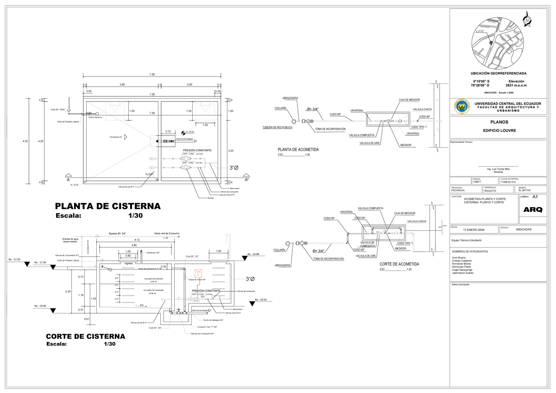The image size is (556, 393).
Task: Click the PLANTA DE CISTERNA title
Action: coord(107,206)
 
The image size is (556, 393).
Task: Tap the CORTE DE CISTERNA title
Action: coord(85,336)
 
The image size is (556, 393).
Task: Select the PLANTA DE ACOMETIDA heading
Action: coord(298,150)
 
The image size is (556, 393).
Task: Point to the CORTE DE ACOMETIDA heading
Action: coord(399,264)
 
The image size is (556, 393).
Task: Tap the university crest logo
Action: coord(461,107)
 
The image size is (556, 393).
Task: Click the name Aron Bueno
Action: coord(459,257)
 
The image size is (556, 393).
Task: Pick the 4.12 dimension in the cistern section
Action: coord(134,240)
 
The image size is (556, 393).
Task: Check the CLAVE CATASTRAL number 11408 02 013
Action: coord(510,182)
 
